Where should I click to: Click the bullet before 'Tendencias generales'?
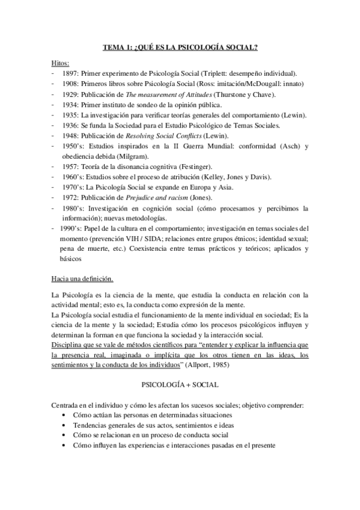(65, 425)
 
